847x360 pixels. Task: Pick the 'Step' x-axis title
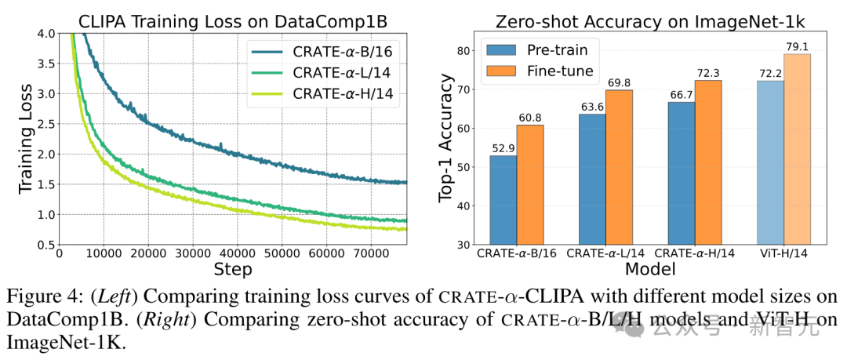pyautogui.click(x=234, y=270)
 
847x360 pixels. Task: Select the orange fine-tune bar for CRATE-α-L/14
pyautogui.click(x=619, y=166)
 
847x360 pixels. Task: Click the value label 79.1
pyautogui.click(x=798, y=46)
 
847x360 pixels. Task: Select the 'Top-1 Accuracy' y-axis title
pyautogui.click(x=446, y=139)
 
